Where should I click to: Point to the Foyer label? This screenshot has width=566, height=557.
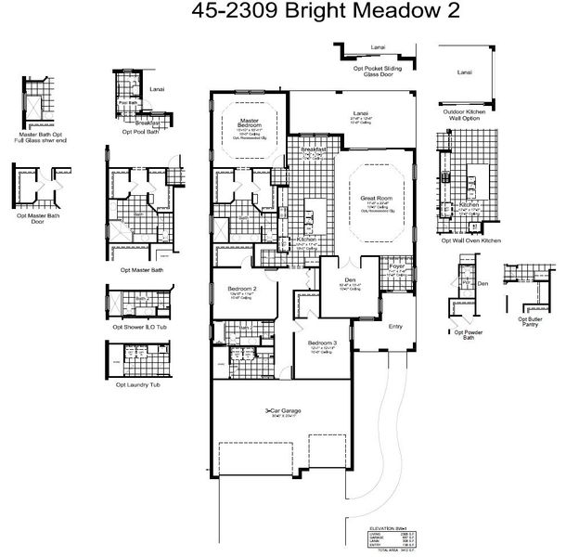coord(398,265)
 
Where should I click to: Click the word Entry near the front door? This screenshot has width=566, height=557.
coord(396,326)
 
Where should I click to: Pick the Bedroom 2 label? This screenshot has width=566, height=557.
coord(242,289)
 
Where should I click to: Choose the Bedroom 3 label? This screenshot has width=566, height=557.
coord(322,342)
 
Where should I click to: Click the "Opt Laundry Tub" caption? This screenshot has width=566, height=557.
coord(137,384)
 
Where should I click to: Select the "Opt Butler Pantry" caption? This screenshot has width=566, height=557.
coord(531,323)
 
